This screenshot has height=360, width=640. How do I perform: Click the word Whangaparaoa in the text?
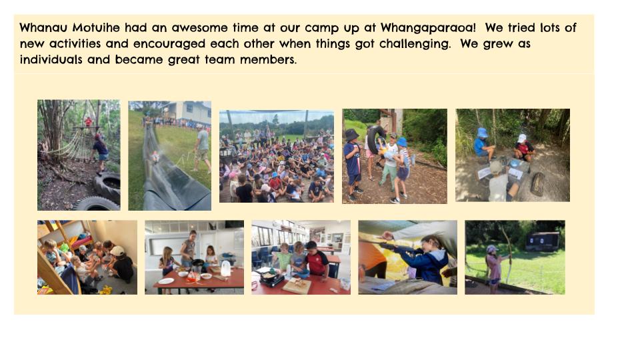(x=428, y=28)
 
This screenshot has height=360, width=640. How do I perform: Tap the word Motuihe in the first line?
(x=96, y=27)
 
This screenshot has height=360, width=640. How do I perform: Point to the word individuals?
(x=51, y=59)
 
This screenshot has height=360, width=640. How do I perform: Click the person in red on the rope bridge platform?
(x=88, y=121)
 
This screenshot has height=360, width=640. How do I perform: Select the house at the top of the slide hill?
(x=186, y=112)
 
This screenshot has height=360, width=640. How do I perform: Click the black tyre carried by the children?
(x=375, y=139)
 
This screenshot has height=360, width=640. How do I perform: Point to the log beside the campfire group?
(x=538, y=185)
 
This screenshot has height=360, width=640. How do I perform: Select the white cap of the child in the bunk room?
(x=117, y=251)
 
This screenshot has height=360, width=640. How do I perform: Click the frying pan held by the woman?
(x=197, y=263)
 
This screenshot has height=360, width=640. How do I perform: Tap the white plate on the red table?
(x=166, y=281)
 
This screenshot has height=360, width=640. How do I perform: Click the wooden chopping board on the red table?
(x=297, y=286)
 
